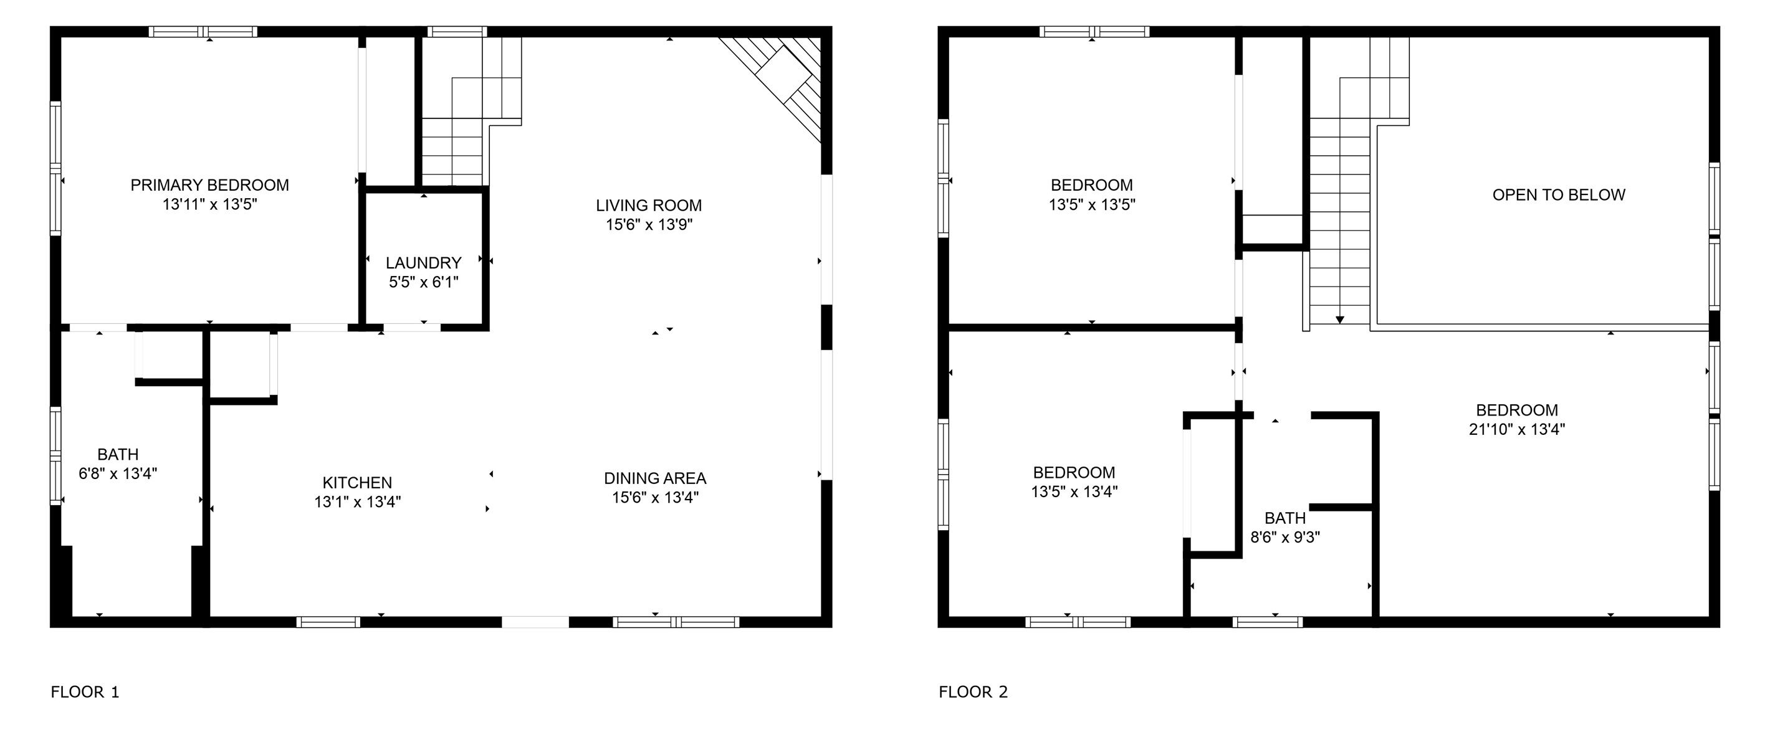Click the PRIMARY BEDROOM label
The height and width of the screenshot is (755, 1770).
pos(209,185)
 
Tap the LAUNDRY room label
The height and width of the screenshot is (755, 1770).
pos(423,262)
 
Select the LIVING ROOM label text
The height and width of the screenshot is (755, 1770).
pos(649,205)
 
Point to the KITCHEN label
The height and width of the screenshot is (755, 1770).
pos(357,482)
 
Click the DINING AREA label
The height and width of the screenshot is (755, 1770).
pos(655,478)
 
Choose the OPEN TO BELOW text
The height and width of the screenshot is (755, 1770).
pos(1558,194)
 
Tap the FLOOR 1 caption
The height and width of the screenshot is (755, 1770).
pos(85,692)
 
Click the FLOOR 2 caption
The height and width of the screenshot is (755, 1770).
pos(973,692)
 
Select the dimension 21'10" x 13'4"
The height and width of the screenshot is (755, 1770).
pos(1516,429)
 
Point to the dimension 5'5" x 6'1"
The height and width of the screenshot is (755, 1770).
pos(423,282)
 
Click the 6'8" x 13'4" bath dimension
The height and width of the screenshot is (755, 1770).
pos(118,473)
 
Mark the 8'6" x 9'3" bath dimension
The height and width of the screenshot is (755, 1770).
pos(1285,537)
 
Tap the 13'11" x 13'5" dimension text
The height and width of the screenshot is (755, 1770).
pos(209,204)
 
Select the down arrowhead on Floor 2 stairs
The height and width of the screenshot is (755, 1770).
pos(1339,320)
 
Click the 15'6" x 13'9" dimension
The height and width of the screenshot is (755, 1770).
pos(649,224)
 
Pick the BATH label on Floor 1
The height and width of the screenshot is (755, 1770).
pos(118,454)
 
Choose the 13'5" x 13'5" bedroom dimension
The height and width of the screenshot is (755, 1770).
pos(1091,204)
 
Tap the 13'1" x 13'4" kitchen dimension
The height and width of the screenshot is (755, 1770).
pos(357,501)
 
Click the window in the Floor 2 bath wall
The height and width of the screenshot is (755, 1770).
pos(1267,622)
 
